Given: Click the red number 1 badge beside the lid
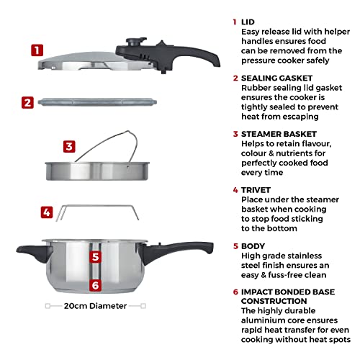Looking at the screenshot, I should (x=37, y=50).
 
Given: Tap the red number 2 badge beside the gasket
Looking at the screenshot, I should (x=27, y=102).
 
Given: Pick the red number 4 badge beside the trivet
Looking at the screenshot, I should (x=46, y=212).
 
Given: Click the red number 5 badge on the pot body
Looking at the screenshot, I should (x=94, y=255).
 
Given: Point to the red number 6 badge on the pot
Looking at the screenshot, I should (x=94, y=285).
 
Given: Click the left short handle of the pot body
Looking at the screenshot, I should (x=32, y=251).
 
